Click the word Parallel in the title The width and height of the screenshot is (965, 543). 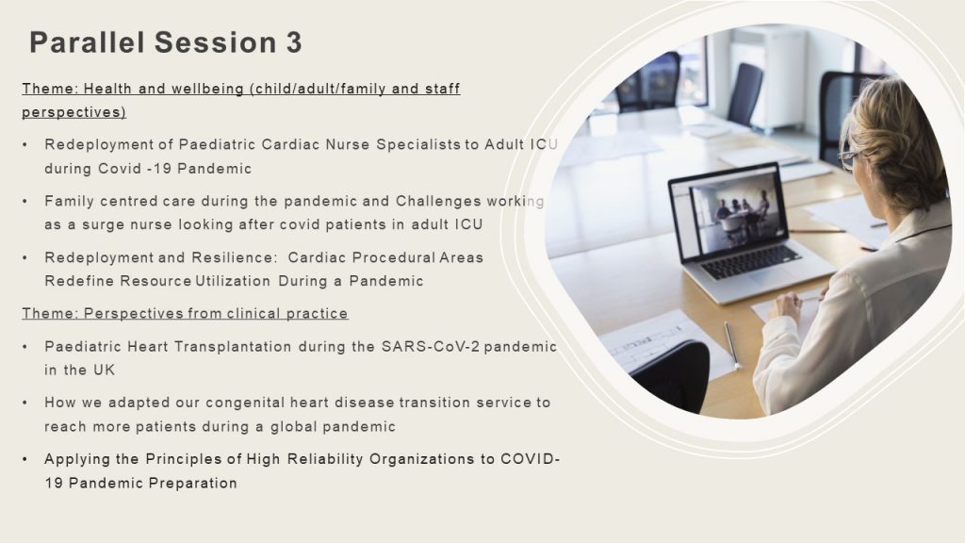click(x=87, y=42)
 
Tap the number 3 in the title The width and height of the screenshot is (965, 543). click(x=294, y=42)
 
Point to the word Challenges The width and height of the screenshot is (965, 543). click(x=438, y=202)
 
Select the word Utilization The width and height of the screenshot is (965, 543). click(x=233, y=281)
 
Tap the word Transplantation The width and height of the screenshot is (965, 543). click(x=233, y=347)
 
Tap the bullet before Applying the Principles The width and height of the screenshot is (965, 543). click(x=25, y=459)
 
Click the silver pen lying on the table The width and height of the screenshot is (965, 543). click(x=731, y=345)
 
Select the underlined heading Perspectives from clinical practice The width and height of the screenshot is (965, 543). click(x=186, y=314)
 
